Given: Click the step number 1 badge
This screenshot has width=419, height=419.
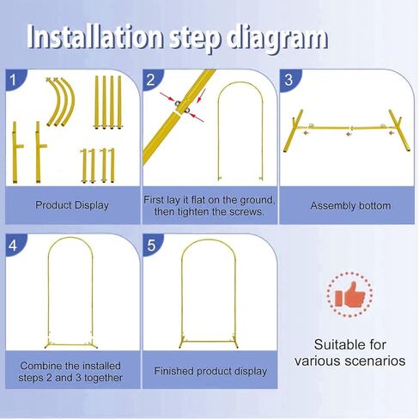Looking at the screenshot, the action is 14,80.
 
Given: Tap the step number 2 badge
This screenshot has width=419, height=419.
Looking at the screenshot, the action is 151,80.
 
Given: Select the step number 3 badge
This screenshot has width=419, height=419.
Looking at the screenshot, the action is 288,80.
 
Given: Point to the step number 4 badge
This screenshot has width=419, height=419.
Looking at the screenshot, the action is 14,246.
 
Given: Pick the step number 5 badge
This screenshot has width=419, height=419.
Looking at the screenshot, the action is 151,246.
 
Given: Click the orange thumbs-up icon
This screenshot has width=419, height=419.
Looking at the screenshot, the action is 349,295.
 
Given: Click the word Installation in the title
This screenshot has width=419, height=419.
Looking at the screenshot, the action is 95,37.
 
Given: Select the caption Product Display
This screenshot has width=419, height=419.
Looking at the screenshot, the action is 72,205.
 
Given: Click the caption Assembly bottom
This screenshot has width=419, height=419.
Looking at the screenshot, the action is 350,205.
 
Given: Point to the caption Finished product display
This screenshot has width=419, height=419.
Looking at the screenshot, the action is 210,371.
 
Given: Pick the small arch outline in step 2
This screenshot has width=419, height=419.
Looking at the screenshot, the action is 217,131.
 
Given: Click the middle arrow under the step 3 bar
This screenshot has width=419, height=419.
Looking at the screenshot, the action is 349,134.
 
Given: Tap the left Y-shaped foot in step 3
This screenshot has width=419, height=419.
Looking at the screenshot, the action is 293,131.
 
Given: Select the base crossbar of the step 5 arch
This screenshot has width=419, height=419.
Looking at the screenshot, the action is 209,342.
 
